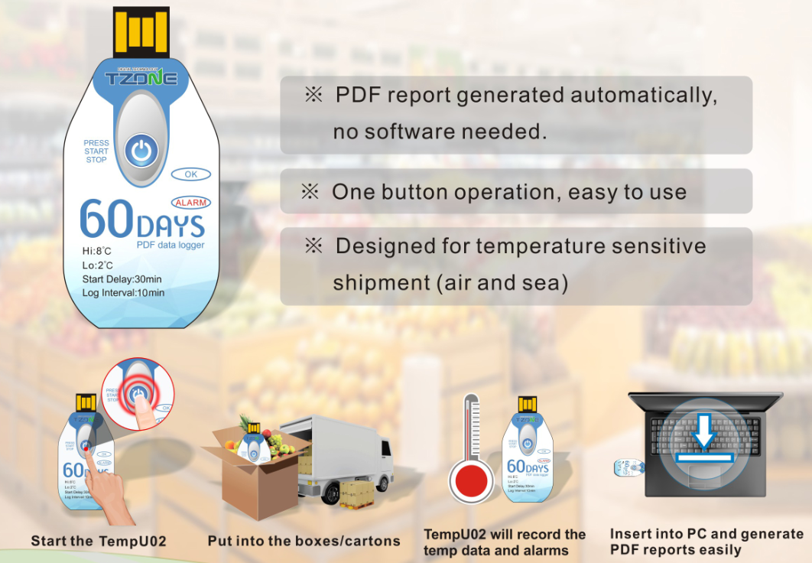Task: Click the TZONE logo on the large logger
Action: [141, 78]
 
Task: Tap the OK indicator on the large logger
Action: [191, 174]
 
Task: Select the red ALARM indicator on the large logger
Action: [190, 203]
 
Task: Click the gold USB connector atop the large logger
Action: [141, 31]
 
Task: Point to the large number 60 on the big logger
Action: [107, 221]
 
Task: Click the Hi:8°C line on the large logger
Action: [99, 250]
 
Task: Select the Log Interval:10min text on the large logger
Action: [123, 293]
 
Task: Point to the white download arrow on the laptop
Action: [704, 435]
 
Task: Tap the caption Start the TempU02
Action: [99, 541]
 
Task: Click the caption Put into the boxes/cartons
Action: [304, 541]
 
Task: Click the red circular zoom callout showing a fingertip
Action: [138, 394]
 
